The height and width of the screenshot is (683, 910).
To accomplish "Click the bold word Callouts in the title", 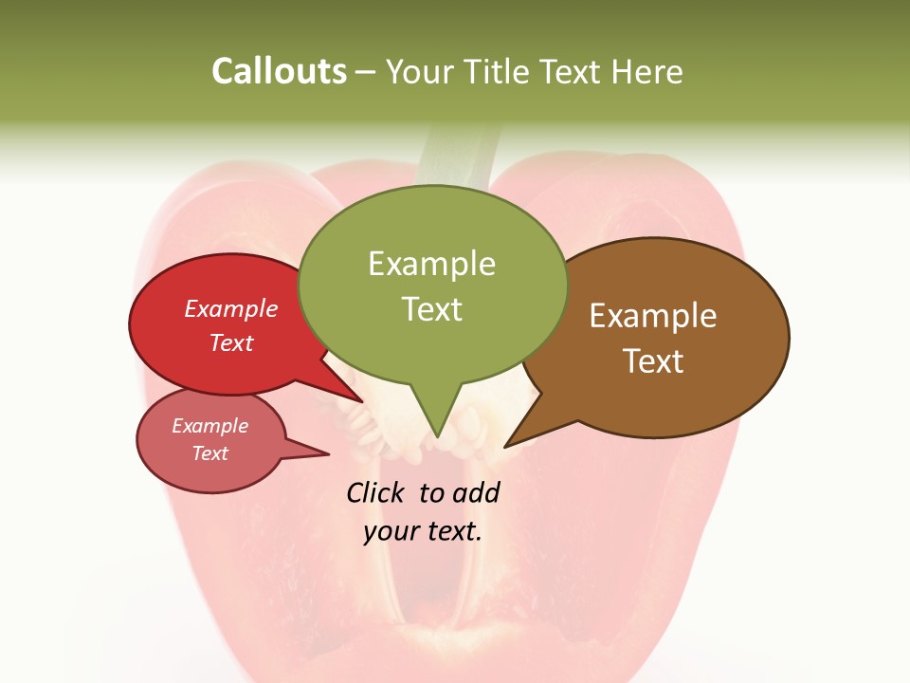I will tap(279, 72).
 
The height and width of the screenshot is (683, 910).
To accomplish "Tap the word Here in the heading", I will tap(647, 72).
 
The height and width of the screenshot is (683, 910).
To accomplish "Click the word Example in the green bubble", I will tap(431, 264).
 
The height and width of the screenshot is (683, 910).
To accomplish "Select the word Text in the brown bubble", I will tap(653, 361).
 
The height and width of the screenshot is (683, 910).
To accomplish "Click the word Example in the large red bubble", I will tap(230, 308).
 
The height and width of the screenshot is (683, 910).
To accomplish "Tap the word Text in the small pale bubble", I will tap(209, 453).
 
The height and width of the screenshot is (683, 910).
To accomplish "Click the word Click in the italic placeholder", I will tap(376, 492).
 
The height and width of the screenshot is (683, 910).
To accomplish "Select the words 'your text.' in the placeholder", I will tap(423, 531).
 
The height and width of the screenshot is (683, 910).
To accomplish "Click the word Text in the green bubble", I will tap(432, 309).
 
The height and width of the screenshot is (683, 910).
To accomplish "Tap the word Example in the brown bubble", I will tap(653, 316).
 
